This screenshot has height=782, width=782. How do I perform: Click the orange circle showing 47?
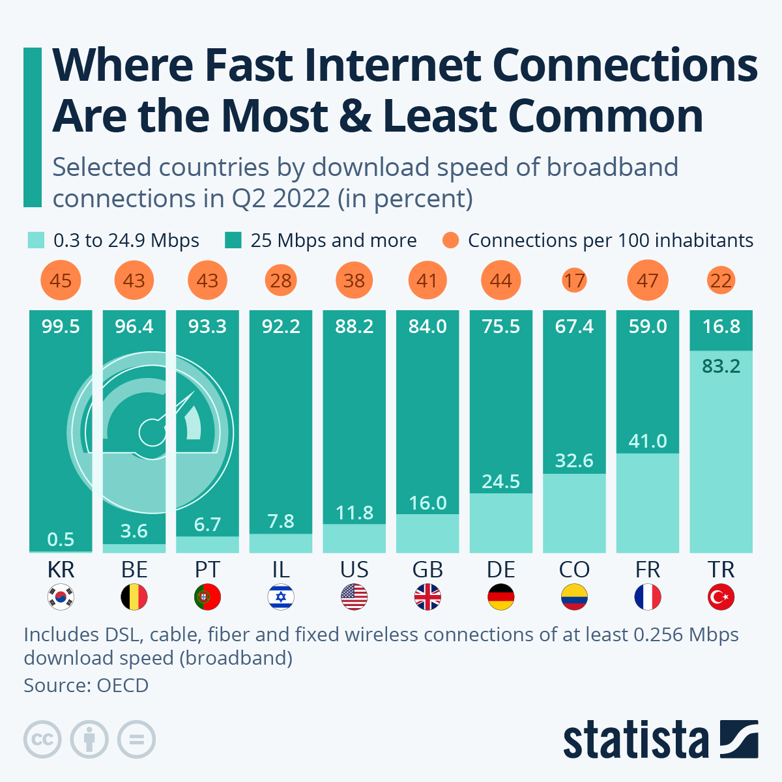(x=648, y=281)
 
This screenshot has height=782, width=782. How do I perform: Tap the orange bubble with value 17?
(x=574, y=281)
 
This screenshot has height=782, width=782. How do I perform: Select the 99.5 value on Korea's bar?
(x=61, y=326)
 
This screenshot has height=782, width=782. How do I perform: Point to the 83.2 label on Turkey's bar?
(x=721, y=366)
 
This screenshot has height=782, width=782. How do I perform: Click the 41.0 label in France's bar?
(x=648, y=441)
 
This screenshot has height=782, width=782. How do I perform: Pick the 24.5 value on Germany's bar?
(x=500, y=482)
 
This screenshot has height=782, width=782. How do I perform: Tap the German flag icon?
(x=500, y=597)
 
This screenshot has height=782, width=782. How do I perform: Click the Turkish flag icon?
(x=721, y=597)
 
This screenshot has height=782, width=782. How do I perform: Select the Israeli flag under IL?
(x=281, y=597)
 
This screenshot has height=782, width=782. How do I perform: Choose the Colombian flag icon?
(x=574, y=597)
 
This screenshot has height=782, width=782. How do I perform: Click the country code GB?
(x=427, y=570)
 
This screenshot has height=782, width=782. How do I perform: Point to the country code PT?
(x=207, y=570)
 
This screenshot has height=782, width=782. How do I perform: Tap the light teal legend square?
(x=36, y=240)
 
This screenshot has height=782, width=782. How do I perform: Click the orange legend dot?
(x=450, y=240)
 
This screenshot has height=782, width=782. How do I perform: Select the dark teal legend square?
(x=233, y=240)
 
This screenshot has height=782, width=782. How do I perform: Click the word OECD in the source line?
(x=123, y=686)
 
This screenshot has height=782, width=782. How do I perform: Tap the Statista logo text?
(x=635, y=740)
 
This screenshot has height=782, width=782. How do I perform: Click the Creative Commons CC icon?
(x=42, y=740)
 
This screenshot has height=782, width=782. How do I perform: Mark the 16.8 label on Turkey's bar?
(x=721, y=326)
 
